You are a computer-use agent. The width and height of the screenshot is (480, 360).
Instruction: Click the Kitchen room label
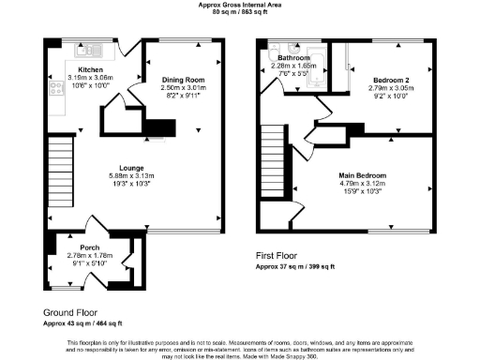(x=91, y=70)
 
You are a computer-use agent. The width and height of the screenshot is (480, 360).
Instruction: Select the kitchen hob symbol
(x=53, y=91)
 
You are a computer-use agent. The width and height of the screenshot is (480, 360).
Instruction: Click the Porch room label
(x=90, y=247)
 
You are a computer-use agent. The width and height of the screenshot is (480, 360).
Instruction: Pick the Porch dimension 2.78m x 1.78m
(x=90, y=255)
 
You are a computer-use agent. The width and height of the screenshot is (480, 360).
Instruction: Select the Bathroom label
(x=292, y=58)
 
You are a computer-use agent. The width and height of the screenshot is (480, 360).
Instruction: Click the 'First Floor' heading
(x=278, y=255)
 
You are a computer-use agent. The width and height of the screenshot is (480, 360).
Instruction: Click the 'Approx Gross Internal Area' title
(x=239, y=5)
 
